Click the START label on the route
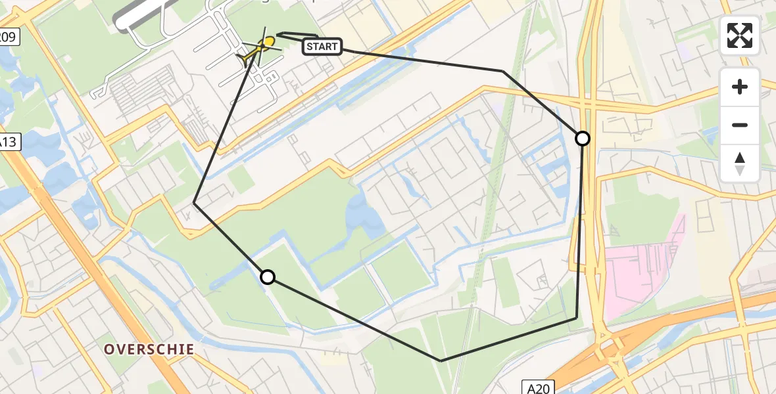click(322, 46)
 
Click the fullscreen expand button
click(740, 35)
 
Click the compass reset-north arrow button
click(740, 164)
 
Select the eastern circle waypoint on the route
click(583, 139)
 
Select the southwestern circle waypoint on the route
click(268, 277)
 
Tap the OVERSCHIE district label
click(149, 349)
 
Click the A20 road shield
click(539, 387)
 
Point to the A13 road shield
click(7, 142)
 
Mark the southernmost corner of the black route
click(441, 361)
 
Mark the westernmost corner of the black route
click(195, 204)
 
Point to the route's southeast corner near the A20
click(576, 318)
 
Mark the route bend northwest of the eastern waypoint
click(503, 71)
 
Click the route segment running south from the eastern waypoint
click(579, 230)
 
